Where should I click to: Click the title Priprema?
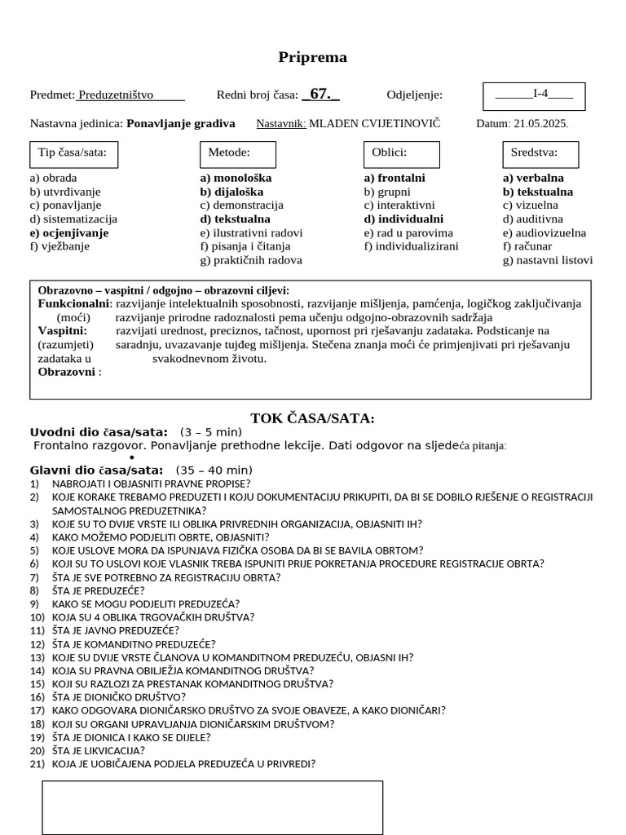pyautogui.click(x=312, y=57)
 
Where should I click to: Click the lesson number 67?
pyautogui.click(x=320, y=95)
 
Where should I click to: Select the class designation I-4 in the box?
pyautogui.click(x=540, y=94)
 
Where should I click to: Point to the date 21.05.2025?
pyautogui.click(x=541, y=124)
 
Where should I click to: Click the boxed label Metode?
pyautogui.click(x=229, y=152)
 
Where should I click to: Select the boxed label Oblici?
pyautogui.click(x=389, y=152)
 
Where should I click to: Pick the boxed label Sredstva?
pyautogui.click(x=534, y=152)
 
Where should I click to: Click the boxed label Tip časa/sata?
pyautogui.click(x=73, y=152)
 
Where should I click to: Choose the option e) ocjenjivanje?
pyautogui.click(x=69, y=232)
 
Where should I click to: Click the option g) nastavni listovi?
pyautogui.click(x=548, y=260)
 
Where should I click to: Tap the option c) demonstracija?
pyautogui.click(x=242, y=205)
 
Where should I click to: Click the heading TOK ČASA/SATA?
pyautogui.click(x=312, y=418)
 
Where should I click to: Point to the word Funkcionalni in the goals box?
pyautogui.click(x=73, y=303)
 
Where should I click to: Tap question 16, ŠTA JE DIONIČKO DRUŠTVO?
pyautogui.click(x=118, y=697)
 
